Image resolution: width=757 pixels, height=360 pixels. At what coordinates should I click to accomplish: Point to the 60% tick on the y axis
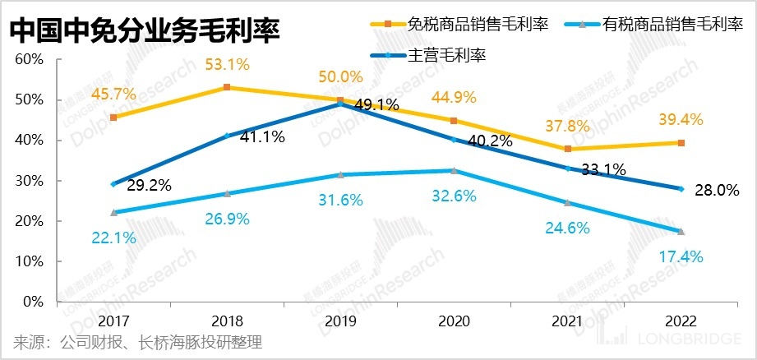coord(29,60)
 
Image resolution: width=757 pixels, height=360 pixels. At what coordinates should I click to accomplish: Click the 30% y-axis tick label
coord(29,181)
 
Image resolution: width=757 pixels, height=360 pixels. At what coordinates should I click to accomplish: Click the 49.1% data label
coord(376,104)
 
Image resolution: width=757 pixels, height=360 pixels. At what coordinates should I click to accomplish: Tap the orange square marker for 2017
coord(113,118)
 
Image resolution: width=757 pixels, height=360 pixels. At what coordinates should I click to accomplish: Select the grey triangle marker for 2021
coord(567,202)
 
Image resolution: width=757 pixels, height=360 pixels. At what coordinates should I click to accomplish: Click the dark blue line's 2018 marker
coord(227,136)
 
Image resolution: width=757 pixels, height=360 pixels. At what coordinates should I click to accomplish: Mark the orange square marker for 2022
coord(681,143)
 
